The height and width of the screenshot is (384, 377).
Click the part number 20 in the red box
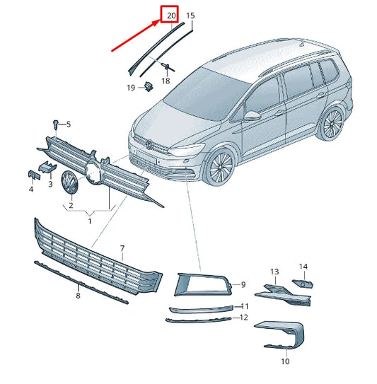[170, 14]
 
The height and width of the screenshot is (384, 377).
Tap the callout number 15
[190, 15]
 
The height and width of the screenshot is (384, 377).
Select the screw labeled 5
[55, 124]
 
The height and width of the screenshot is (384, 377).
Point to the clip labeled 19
[149, 86]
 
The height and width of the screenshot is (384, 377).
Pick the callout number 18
[166, 81]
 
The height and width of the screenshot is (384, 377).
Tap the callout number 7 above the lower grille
[122, 249]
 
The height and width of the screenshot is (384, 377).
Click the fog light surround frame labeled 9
[200, 284]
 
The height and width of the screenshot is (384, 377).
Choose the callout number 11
[245, 306]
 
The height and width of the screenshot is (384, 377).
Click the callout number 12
[244, 318]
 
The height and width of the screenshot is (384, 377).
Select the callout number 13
[275, 272]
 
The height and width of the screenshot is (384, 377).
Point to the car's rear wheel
[329, 125]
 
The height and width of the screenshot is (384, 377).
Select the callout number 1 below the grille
[89, 221]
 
